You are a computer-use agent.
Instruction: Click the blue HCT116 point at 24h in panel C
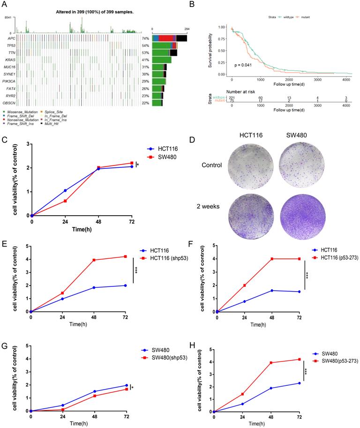point(65,190)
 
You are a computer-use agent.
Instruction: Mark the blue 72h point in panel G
point(126,385)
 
